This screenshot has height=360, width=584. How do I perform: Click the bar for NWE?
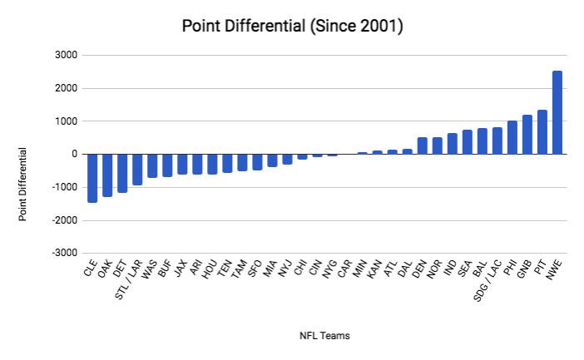557,112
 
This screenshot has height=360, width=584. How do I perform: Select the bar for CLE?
92,178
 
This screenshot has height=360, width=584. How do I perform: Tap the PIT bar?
542,132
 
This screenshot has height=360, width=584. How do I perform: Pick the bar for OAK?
107,175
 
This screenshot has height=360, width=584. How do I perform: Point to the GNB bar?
527,135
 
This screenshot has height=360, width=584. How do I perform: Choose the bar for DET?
122,173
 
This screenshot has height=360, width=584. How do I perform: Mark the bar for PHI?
512,137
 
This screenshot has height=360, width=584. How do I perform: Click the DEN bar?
422,145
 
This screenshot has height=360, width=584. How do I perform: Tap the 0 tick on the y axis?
74,155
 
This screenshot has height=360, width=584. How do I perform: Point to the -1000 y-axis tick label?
65,188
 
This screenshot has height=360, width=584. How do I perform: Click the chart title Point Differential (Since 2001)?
293,27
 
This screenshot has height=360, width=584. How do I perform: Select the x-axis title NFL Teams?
324,336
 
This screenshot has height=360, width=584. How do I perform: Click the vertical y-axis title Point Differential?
24,184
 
